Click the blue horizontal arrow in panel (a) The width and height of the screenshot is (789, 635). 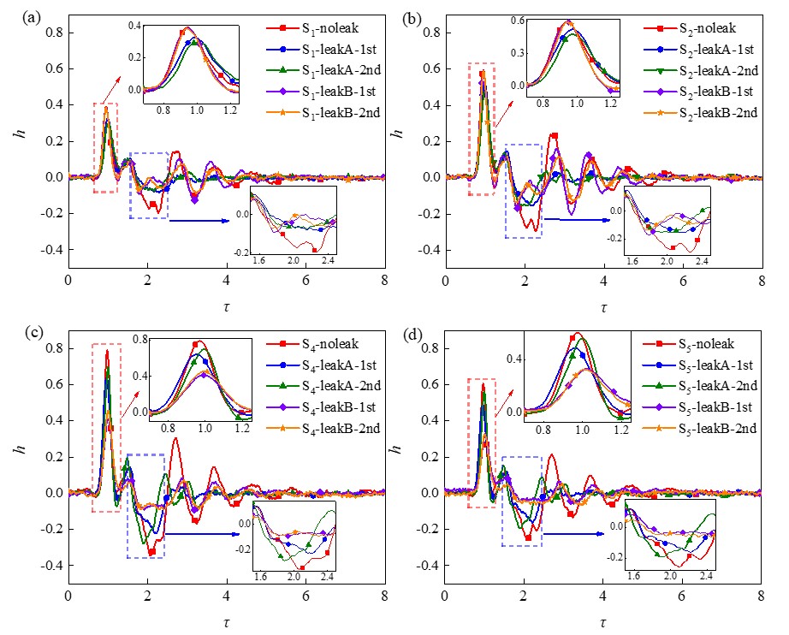pyautogui.click(x=199, y=221)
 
